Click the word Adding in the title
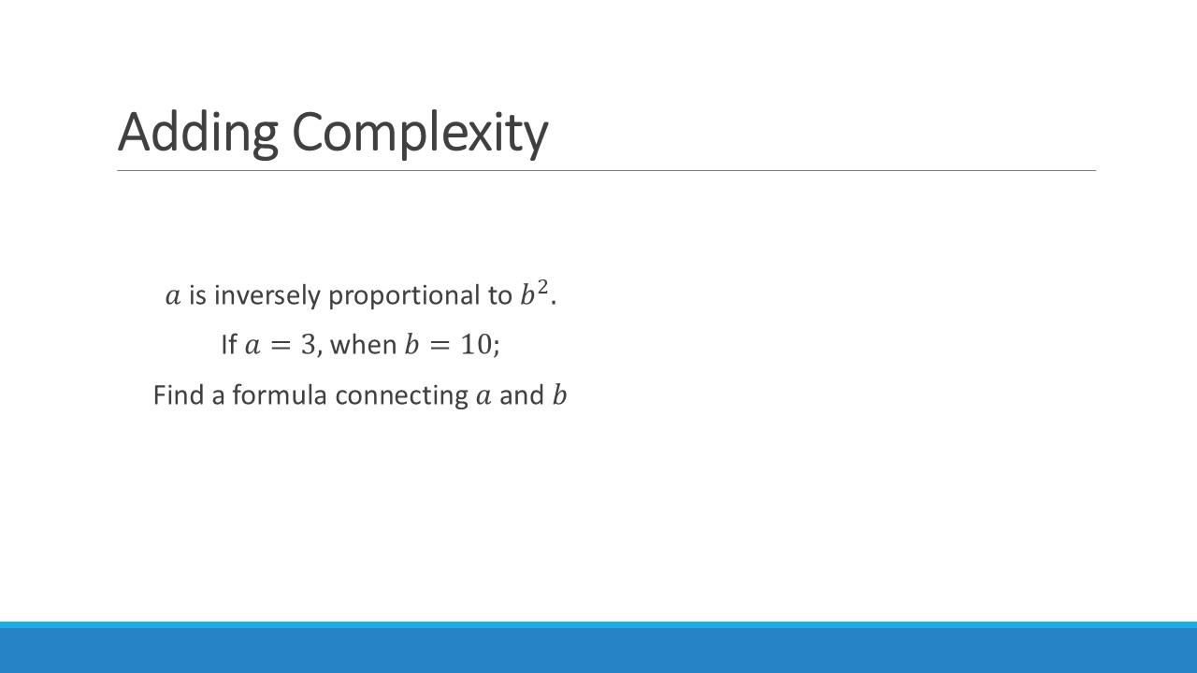click(x=197, y=133)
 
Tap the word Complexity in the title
click(x=420, y=133)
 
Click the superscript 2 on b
click(x=542, y=287)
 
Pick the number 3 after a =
click(x=309, y=345)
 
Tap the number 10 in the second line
click(x=476, y=345)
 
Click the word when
click(x=364, y=345)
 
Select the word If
click(x=229, y=344)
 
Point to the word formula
click(x=280, y=395)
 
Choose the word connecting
click(x=402, y=396)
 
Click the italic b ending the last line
click(x=559, y=395)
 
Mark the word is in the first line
click(x=197, y=295)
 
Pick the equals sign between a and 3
click(x=281, y=345)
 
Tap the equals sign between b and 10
click(x=440, y=345)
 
